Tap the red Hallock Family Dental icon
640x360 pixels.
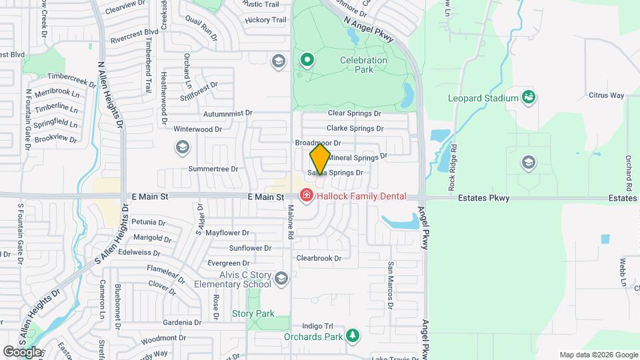pyautogui.click(x=307, y=195)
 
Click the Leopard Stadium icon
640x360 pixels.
pyautogui.click(x=529, y=98)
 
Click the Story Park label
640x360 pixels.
pyautogui.click(x=253, y=313)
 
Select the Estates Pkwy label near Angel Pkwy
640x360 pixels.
pyautogui.click(x=483, y=198)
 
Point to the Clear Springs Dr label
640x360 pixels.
pyautogui.click(x=354, y=114)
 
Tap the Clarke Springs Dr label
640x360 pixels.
pyautogui.click(x=355, y=128)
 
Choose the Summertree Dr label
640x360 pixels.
pyautogui.click(x=213, y=169)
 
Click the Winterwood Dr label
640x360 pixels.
pyautogui.click(x=197, y=129)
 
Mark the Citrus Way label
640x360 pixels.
pyautogui.click(x=606, y=95)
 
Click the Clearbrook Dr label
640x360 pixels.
pyautogui.click(x=319, y=258)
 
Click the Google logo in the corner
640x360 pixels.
pyautogui.click(x=21, y=351)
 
